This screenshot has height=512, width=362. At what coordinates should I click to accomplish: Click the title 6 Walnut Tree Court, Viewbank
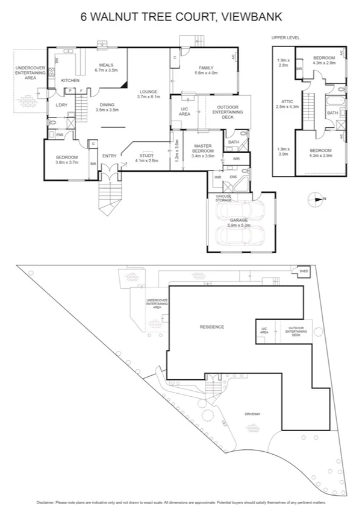click(181, 17)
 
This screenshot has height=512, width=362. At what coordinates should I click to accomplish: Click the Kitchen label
click(70, 80)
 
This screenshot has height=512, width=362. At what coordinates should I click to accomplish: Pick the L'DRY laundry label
click(61, 106)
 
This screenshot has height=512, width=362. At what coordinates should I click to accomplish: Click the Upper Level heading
click(286, 38)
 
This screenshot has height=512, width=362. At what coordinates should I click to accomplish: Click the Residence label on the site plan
click(211, 327)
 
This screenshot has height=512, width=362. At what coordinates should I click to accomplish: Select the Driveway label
click(253, 414)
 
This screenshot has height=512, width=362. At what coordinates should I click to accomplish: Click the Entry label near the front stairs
click(109, 156)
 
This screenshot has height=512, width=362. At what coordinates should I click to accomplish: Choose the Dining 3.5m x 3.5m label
click(107, 107)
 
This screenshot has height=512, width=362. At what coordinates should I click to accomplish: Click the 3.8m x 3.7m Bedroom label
click(67, 159)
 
